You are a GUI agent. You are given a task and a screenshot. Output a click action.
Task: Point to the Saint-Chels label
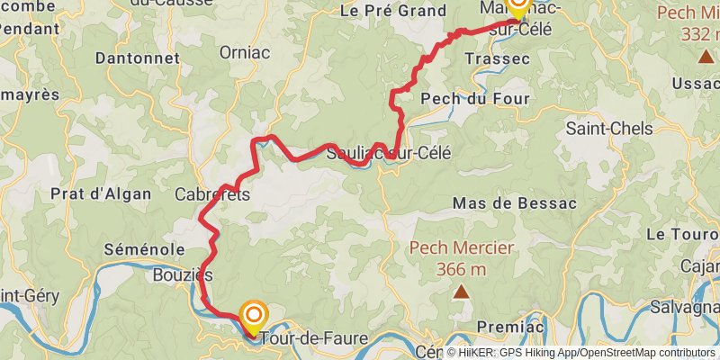point(609,129)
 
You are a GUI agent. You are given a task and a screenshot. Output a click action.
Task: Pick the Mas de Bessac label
point(514,203)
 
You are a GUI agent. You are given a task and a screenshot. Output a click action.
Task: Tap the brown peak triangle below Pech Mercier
point(462,292)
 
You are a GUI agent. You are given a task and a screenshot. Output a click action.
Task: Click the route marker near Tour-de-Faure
point(254,315)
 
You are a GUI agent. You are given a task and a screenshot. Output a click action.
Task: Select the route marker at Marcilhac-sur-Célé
point(518,5)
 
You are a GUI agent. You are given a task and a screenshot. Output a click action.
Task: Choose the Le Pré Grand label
point(392,11)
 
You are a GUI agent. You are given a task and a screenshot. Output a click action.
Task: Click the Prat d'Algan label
point(93,193)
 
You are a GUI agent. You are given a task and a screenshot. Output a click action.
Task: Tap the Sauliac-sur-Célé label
point(389,153)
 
